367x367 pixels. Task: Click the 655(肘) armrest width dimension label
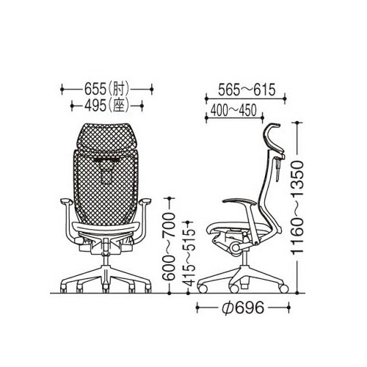[106, 90]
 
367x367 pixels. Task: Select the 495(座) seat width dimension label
[106, 106]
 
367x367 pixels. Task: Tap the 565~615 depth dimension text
[247, 90]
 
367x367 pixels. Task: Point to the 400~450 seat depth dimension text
[233, 111]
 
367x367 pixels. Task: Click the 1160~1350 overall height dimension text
[297, 208]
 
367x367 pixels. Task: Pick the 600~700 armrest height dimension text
[169, 247]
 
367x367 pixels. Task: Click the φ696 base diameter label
[243, 308]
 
